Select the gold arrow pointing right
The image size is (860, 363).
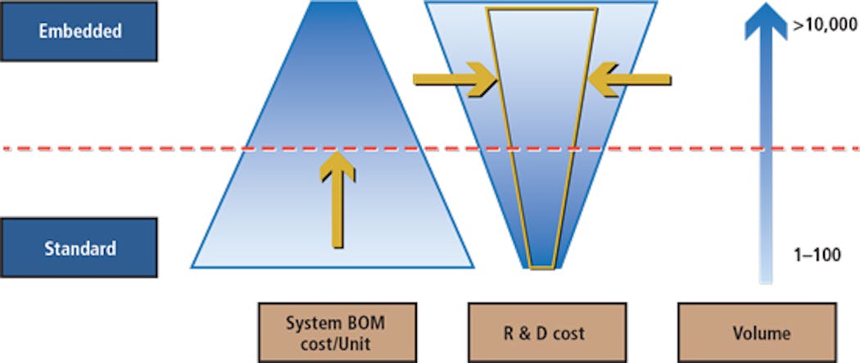coord(455,80)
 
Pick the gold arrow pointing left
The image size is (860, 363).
coord(629,80)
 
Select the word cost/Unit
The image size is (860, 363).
coord(337,343)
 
